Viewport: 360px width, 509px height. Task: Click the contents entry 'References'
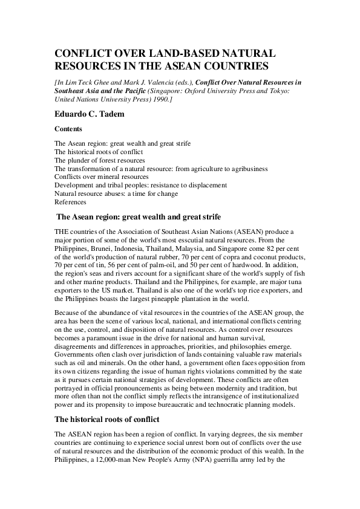[70, 203]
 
